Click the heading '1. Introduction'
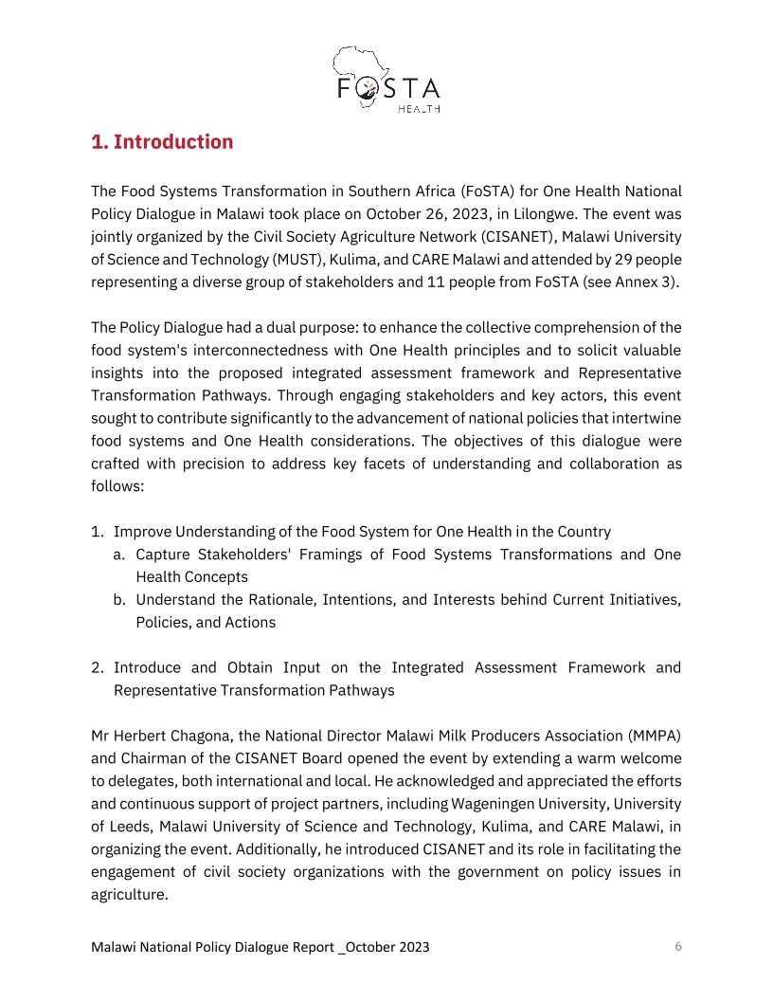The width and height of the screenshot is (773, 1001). point(162,142)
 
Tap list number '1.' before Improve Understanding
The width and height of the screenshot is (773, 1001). point(98,532)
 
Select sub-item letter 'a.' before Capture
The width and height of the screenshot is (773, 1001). point(120,555)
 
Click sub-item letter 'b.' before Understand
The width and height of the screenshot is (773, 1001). point(120,600)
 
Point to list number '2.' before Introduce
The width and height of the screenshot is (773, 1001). point(98,667)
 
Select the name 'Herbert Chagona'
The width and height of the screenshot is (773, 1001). point(171,736)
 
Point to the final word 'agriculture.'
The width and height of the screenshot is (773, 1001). point(130,894)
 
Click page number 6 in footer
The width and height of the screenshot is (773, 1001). point(678,946)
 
